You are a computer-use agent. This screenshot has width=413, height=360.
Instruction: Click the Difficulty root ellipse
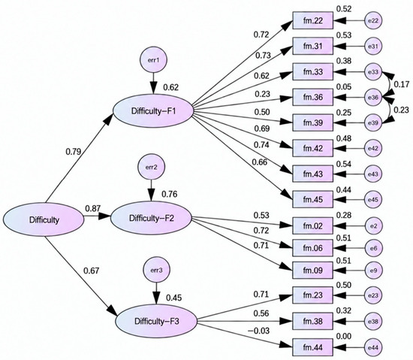click(x=44, y=219)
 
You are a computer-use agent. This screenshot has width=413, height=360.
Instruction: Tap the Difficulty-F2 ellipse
click(x=151, y=218)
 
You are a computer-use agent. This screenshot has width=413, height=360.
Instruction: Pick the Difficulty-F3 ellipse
click(x=156, y=321)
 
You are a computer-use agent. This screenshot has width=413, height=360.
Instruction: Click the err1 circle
click(x=153, y=60)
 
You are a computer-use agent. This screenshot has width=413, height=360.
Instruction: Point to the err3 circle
click(x=156, y=270)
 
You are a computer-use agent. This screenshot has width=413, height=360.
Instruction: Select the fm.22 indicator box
click(x=313, y=20)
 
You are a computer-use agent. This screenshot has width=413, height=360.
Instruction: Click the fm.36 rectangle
click(x=313, y=97)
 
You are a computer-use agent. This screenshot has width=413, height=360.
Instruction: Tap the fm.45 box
click(x=313, y=199)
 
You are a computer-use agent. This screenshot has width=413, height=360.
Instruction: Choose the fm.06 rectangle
click(x=313, y=248)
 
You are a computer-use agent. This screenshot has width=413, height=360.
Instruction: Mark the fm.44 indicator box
click(x=313, y=348)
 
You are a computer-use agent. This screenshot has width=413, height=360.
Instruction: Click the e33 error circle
click(x=373, y=71)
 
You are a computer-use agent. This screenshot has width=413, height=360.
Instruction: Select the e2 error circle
click(x=373, y=226)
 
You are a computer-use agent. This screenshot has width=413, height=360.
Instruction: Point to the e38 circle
click(x=373, y=321)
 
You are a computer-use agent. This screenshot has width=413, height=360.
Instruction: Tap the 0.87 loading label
click(x=92, y=208)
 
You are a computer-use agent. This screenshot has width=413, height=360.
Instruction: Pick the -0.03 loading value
click(x=259, y=331)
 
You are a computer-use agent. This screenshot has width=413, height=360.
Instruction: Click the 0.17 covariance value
click(x=402, y=84)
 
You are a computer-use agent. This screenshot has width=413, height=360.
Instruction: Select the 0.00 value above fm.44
click(x=344, y=336)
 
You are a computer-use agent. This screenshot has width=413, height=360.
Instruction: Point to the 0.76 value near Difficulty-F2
click(x=170, y=194)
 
